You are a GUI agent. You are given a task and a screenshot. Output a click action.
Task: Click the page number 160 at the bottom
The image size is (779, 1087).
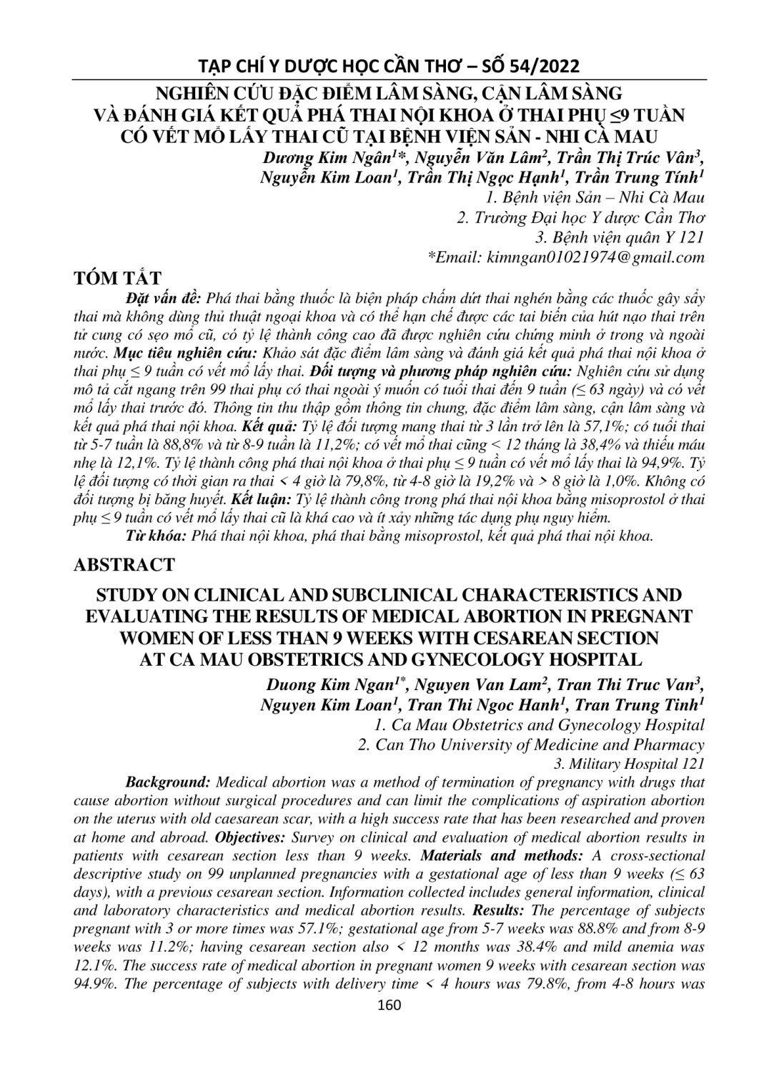pos(389,1005)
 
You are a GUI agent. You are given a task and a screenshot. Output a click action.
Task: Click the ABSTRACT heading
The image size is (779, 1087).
pos(124,564)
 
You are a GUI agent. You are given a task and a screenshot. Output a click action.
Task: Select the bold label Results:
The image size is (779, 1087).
pos(500,910)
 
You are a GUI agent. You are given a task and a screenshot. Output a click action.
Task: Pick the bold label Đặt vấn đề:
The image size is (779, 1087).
pos(165,297)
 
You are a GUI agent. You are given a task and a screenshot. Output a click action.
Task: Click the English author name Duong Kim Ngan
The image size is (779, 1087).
pos(329,685)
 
